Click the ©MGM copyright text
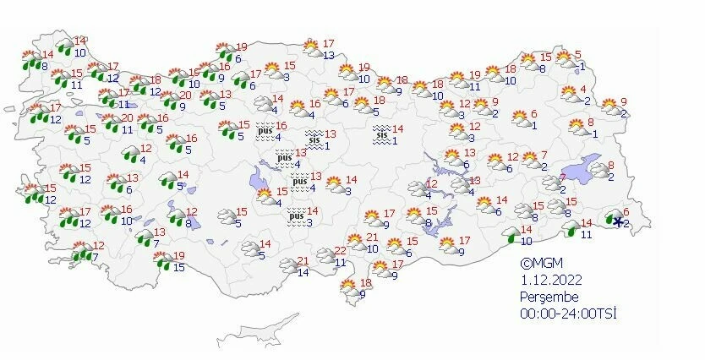click(541, 263)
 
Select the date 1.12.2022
click(549, 280)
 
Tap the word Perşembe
click(549, 297)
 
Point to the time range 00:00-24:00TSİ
click(568, 314)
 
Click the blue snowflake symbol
click(618, 222)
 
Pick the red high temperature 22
click(341, 251)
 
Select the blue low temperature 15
click(178, 268)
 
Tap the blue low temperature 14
click(303, 272)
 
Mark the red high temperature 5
click(578, 56)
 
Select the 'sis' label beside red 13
click(314, 139)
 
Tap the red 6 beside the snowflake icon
click(626, 212)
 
